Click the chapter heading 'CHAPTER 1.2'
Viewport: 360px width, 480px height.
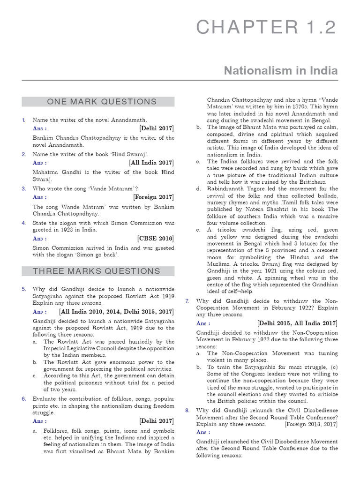[266, 28]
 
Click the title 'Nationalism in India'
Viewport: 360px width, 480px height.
[280, 70]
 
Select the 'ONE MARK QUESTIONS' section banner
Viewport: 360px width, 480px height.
[98, 102]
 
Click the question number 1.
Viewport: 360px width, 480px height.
[23, 120]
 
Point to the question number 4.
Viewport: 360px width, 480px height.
[23, 223]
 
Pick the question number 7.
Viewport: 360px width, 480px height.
[187, 301]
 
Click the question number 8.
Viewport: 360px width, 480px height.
[187, 410]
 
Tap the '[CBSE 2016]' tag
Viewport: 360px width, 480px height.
[156, 239]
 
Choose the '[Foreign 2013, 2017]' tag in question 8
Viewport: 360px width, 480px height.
[311, 424]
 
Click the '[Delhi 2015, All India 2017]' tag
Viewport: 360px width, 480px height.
[297, 323]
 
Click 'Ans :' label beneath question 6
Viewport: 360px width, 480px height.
[39, 421]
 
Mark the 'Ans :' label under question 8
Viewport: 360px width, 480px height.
[203, 432]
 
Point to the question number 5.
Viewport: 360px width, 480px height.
[23, 289]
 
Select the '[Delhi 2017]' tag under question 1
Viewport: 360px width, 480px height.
[157, 128]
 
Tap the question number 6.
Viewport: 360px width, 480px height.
[23, 399]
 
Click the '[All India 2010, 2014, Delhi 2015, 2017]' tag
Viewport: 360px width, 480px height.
[116, 312]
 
